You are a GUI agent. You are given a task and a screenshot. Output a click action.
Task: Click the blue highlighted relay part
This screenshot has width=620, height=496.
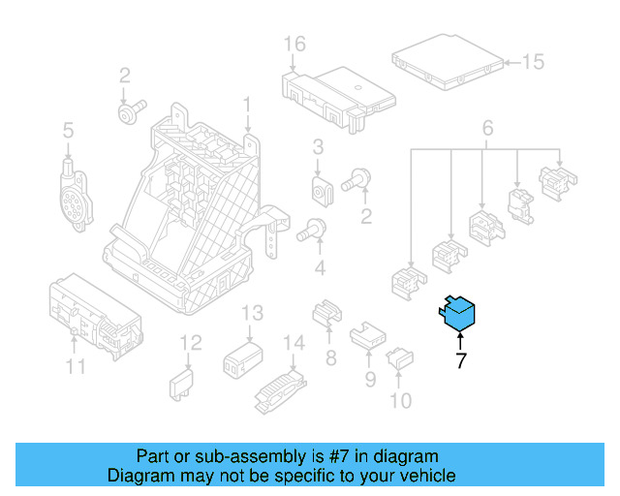pyautogui.click(x=458, y=313)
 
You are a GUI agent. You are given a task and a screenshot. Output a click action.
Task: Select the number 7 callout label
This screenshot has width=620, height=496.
pyautogui.click(x=460, y=362)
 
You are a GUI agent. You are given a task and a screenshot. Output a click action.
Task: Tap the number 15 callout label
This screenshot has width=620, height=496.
pyautogui.click(x=534, y=62)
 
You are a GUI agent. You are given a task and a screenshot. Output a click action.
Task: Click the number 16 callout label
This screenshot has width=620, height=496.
pyautogui.click(x=294, y=44)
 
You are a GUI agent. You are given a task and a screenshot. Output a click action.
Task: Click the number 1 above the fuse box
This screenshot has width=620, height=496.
pyautogui.click(x=247, y=103)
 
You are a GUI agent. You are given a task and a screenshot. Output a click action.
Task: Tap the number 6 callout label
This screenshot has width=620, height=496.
pyautogui.click(x=487, y=127)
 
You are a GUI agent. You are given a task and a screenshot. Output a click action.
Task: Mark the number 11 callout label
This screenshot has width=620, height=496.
pyautogui.click(x=76, y=366)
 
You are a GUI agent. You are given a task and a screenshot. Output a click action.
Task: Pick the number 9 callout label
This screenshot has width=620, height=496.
pyautogui.click(x=369, y=380)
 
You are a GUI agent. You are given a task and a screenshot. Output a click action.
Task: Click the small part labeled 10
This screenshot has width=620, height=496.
pyautogui.click(x=400, y=361)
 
